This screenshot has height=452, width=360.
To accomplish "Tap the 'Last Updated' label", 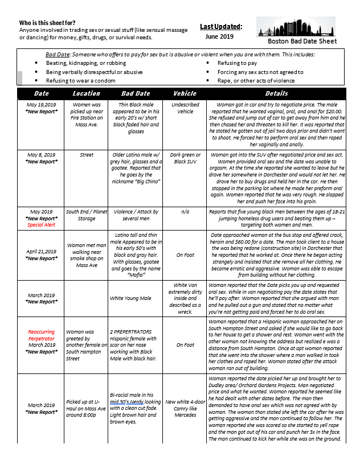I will (221, 26).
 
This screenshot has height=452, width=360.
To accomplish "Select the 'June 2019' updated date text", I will (219, 36).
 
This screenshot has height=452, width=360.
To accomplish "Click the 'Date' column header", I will (42, 93).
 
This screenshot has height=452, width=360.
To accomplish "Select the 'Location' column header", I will (87, 93).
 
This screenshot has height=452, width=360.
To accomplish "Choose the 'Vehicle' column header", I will (185, 93).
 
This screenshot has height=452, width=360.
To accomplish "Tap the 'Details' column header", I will (277, 93).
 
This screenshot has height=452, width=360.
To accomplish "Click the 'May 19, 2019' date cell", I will (42, 105).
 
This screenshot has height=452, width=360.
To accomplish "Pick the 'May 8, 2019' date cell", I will (42, 155).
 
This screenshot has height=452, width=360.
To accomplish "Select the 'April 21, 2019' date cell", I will (42, 251).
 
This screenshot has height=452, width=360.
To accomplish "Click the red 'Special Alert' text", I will (42, 225).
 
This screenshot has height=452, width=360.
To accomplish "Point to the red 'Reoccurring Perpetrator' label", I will (42, 335).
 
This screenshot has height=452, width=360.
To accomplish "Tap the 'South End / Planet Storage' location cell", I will (87, 215).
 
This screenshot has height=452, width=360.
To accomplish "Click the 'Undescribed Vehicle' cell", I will (185, 108).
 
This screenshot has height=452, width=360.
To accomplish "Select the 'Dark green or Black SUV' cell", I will (185, 158).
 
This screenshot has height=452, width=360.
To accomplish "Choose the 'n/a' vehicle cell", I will (185, 212).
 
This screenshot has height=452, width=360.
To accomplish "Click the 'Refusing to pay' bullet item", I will (237, 63).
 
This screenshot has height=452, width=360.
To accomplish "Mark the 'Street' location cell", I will (87, 155).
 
